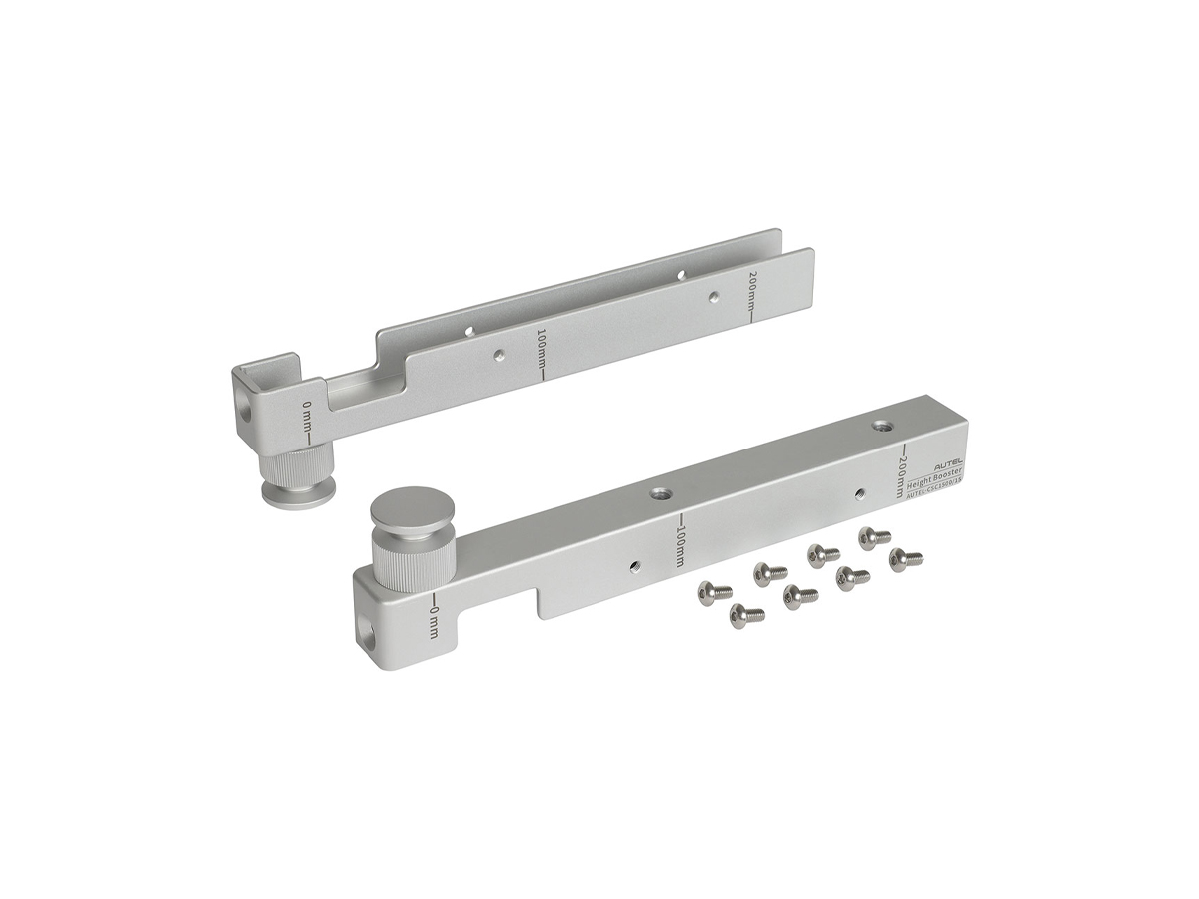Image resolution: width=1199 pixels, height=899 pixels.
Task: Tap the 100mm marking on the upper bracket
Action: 541,352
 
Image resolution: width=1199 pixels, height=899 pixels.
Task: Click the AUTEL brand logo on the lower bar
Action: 948,465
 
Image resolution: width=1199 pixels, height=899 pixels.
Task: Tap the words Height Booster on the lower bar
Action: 938,477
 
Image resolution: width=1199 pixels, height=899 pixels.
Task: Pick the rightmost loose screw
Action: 905,558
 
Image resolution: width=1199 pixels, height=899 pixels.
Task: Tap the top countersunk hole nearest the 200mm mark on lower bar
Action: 881,426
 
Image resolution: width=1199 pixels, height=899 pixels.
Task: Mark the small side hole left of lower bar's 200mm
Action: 860,492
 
